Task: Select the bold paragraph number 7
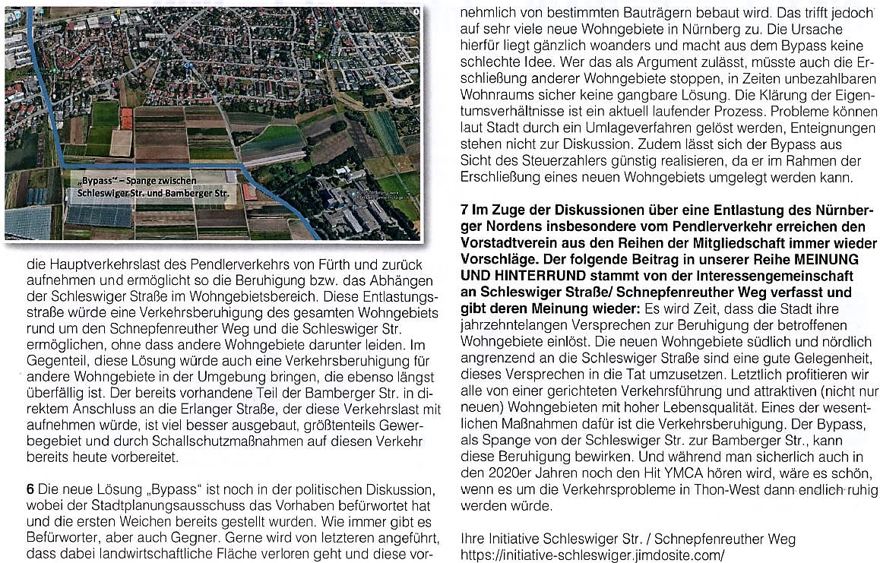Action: [x=466, y=209]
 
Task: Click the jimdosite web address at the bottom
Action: [x=594, y=555]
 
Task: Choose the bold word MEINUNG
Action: [x=829, y=260]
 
